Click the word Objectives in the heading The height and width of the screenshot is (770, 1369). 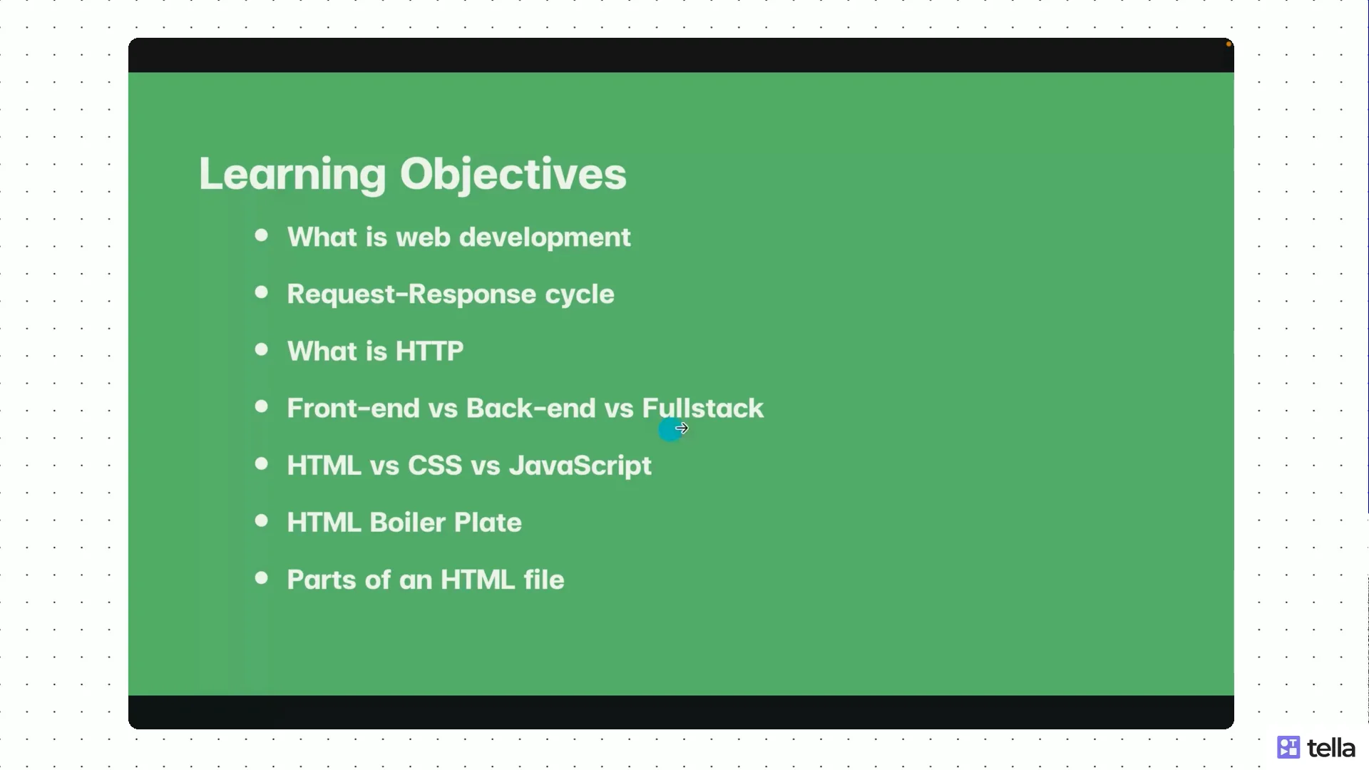click(513, 175)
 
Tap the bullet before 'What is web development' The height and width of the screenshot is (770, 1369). click(262, 235)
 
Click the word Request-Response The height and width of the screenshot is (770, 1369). click(411, 294)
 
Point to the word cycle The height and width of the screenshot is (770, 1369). click(579, 294)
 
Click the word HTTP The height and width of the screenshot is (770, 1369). click(429, 351)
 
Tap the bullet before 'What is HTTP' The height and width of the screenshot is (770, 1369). click(262, 349)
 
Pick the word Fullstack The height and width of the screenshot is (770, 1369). click(702, 409)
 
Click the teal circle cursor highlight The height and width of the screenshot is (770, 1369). click(669, 430)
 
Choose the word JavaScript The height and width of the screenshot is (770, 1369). click(580, 466)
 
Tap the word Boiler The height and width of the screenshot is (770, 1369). click(406, 523)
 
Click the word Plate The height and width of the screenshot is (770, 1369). click(488, 523)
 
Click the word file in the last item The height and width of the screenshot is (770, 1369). click(543, 580)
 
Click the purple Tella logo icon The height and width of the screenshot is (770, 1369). click(1288, 747)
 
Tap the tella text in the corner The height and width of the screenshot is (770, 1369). click(1330, 748)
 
